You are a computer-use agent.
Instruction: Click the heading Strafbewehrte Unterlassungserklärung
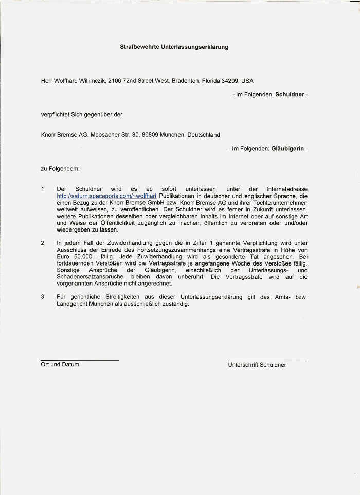[174, 47]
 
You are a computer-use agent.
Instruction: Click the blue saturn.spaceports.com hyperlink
[107, 196]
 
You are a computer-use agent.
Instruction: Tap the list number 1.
[43, 189]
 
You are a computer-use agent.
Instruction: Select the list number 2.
[43, 243]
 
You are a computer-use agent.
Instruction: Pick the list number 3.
[43, 297]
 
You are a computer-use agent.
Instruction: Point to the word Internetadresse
[285, 189]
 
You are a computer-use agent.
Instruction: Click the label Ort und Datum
[60, 364]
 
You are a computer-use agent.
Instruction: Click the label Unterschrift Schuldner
[257, 365]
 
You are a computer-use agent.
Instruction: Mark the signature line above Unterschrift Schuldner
[267, 360]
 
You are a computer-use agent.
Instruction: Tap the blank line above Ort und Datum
[80, 360]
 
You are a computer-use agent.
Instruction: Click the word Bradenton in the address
[186, 81]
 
